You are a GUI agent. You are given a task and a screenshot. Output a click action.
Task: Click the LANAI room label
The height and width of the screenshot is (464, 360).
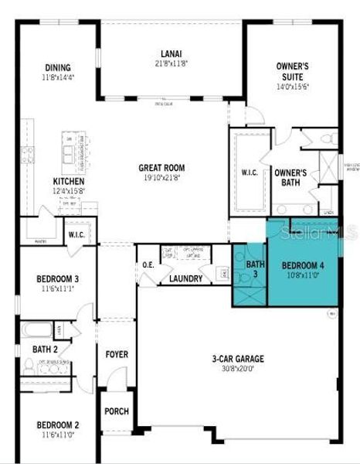point(172,53)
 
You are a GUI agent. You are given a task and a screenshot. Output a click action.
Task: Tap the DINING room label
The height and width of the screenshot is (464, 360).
point(58,67)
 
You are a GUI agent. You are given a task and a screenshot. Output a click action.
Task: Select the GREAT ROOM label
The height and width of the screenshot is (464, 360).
point(161,167)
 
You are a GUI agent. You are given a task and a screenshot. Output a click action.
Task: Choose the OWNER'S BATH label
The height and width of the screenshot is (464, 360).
point(290,178)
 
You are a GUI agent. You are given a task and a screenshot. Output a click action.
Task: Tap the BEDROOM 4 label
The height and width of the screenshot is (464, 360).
point(303,264)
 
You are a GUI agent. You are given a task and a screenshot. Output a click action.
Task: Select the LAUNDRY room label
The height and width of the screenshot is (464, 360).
point(186,279)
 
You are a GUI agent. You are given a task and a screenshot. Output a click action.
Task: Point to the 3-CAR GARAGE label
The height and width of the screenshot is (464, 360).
point(238,359)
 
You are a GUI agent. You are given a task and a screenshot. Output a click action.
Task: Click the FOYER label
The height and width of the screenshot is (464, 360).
point(117,354)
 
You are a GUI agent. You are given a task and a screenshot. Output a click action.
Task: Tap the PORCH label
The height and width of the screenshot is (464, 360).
point(117,411)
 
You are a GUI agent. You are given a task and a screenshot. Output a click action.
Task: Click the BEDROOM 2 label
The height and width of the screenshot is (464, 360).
point(58,425)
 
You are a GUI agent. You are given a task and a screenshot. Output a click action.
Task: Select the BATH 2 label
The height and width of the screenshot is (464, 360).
point(45,350)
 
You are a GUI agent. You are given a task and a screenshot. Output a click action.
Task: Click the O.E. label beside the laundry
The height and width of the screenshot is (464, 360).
point(148,267)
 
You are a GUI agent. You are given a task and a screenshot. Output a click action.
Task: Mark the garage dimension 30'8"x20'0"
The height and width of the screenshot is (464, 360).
point(238,369)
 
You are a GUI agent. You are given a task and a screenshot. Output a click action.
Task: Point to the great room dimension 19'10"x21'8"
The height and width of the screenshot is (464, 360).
point(161,177)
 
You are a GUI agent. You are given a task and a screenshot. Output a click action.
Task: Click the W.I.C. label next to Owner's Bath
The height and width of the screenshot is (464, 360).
point(249,172)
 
